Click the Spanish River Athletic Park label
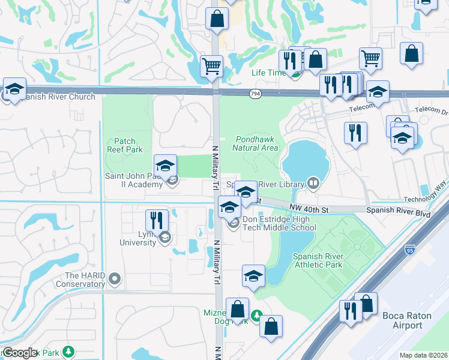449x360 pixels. pos(318,260)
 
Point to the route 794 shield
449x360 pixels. pos(255,93)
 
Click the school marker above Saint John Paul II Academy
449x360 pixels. pos(165,166)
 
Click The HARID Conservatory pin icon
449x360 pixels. pos(115,278)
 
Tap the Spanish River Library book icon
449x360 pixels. pos(312,183)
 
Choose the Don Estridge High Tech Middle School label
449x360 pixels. pos(279,224)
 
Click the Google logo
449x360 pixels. pos(20,353)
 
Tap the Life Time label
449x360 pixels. pos(268,73)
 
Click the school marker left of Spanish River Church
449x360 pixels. pos(14,89)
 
